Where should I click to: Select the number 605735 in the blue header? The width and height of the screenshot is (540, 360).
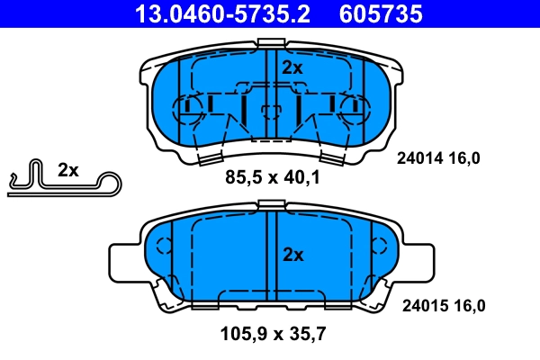click(x=379, y=13)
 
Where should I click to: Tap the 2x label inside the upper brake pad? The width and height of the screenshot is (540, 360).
click(x=292, y=67)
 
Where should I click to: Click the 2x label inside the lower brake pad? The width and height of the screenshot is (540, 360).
click(x=292, y=255)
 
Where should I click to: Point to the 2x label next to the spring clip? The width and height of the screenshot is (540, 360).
click(x=68, y=169)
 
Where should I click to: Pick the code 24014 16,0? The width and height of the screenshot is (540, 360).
click(x=439, y=158)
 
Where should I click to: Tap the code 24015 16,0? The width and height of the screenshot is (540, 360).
click(x=441, y=305)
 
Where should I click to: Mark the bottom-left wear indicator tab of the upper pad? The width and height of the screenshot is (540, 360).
click(x=208, y=159)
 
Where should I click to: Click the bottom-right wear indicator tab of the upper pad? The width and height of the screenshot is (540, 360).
click(x=334, y=159)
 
